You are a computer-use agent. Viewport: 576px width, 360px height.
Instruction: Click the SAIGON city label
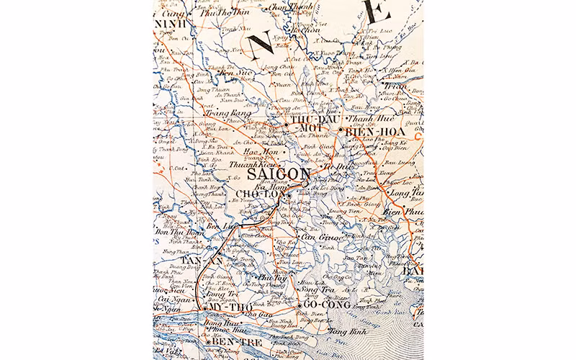coord(280,176)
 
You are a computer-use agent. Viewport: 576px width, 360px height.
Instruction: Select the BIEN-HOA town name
coord(364,131)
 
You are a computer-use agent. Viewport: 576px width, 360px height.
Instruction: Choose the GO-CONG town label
coord(325,305)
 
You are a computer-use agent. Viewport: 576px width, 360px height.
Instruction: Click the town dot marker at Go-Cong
coord(299,305)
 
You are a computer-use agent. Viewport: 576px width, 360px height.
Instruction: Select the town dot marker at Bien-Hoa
coord(341,130)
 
